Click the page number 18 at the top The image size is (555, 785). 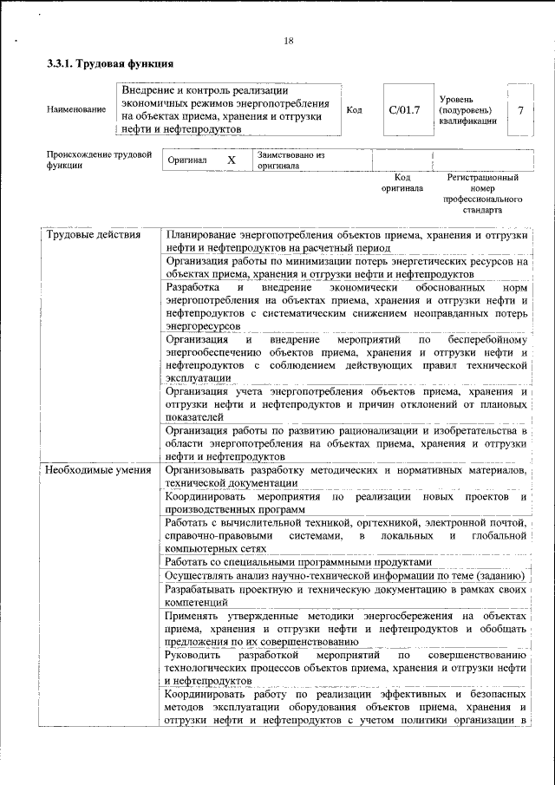click(x=289, y=41)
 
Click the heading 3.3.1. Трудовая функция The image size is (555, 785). click(x=110, y=64)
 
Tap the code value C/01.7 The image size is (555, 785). click(x=404, y=109)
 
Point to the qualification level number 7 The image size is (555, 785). click(x=519, y=110)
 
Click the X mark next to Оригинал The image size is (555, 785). click(x=231, y=160)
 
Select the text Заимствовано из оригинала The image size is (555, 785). click(x=290, y=160)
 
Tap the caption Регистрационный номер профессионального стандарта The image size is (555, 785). click(x=482, y=193)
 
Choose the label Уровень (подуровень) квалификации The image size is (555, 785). click(x=468, y=110)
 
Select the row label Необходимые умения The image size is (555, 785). click(x=98, y=469)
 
